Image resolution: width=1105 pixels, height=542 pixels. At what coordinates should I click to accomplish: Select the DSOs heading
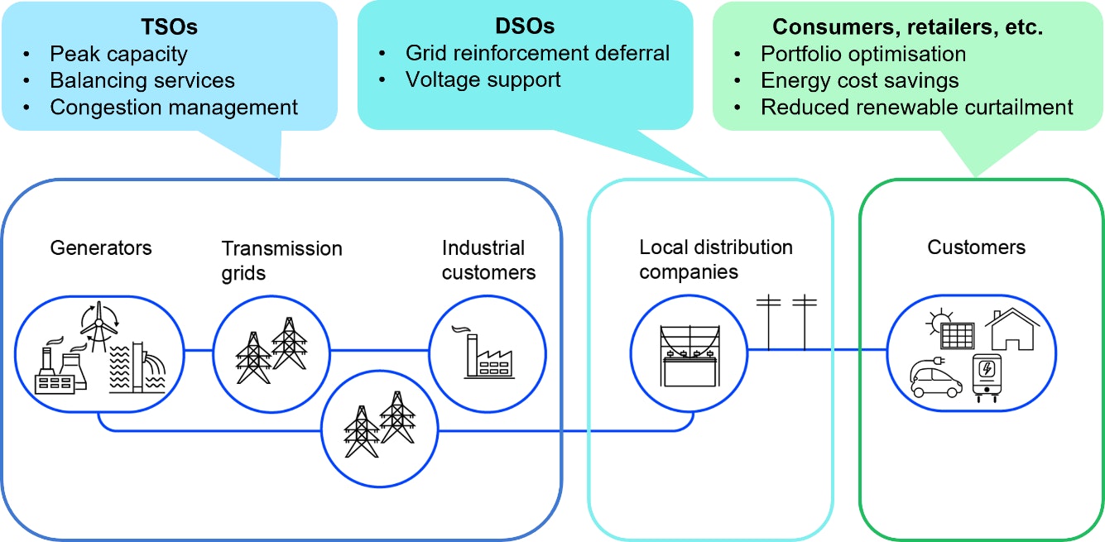coord(524,27)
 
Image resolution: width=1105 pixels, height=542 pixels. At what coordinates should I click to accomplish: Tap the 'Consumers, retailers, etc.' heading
coord(908,27)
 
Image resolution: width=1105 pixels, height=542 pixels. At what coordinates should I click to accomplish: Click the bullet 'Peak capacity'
coord(118,55)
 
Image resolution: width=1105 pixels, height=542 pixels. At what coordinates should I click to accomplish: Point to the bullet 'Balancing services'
coord(142,81)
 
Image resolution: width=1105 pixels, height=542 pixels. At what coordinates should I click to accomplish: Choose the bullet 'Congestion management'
coord(174,108)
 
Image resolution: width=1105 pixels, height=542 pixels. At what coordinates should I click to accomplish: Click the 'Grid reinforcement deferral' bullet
coord(537,54)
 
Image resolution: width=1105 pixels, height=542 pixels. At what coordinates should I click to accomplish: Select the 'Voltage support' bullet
coord(483,80)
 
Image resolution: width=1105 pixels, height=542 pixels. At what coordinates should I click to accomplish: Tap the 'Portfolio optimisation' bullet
coord(863,55)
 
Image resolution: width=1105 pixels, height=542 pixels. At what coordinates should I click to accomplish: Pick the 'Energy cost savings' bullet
coord(860,81)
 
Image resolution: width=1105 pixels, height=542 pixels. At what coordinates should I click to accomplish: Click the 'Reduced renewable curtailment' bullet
coord(917,108)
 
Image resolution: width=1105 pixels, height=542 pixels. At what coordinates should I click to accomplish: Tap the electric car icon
coord(936,379)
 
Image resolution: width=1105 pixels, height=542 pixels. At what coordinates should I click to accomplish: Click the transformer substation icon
coord(689,356)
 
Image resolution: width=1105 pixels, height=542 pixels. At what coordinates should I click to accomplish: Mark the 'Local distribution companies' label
coord(716,260)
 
